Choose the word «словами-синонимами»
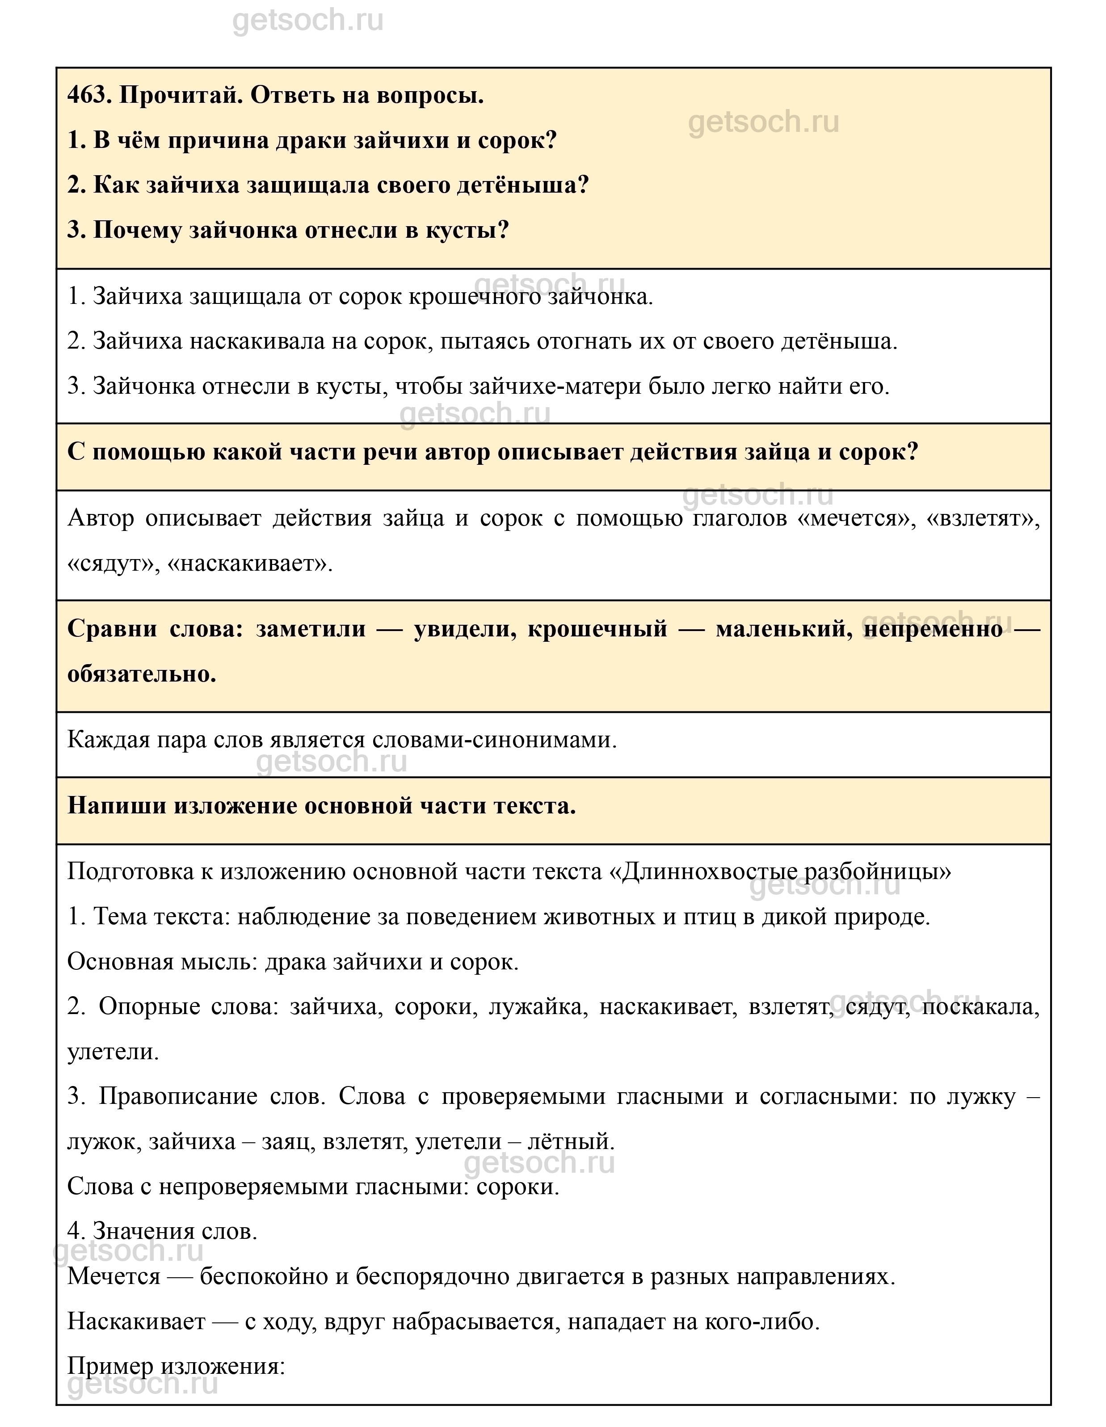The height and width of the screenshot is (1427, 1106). click(x=495, y=740)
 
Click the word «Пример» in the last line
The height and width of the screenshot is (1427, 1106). click(x=110, y=1367)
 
